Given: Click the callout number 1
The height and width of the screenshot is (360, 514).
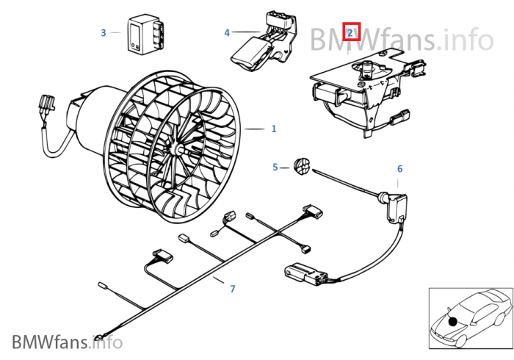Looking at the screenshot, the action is coord(274,129).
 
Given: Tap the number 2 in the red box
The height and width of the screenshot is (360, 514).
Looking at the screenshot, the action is coord(350,32).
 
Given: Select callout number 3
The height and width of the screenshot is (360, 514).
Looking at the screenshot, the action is coord(104,33).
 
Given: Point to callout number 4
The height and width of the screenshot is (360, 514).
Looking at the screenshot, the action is coord(227,33).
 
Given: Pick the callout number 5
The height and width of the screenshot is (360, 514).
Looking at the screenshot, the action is coord(275,168).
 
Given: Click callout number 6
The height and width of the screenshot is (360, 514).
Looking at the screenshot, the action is coord(399,169).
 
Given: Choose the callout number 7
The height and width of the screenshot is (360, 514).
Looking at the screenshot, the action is coord(233,289).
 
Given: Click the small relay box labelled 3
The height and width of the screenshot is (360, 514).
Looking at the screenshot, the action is coord(145,34).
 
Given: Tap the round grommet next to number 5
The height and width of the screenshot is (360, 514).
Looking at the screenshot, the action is coord(302,166).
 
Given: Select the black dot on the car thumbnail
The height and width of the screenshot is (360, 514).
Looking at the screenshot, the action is coord(453,322).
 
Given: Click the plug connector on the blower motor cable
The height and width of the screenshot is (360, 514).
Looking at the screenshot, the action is coord(46,104).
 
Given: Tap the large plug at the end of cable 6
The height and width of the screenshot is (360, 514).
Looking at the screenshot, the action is coord(306,273).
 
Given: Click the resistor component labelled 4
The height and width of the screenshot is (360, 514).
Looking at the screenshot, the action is coord(265,42).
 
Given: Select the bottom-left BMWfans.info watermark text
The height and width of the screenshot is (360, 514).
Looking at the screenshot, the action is coord(68,342).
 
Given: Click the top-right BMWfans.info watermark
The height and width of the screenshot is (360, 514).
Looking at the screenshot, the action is coord(402,40).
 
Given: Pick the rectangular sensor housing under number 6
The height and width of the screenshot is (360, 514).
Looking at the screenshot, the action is coord(397,207).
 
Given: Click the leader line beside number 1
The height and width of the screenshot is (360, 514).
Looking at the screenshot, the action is coord(254,129).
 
